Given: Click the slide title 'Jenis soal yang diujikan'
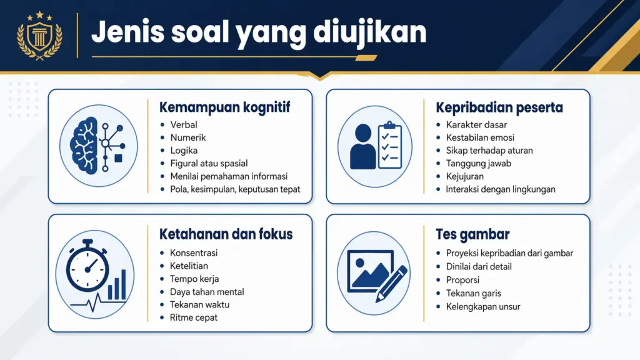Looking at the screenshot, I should (x=259, y=32).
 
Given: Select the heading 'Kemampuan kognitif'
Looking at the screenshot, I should (x=225, y=107).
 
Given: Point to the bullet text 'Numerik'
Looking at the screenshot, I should (x=187, y=137).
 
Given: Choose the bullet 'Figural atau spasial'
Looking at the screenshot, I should (x=209, y=163).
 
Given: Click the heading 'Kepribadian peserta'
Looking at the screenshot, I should (x=499, y=107).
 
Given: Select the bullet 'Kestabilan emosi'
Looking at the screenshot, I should (x=480, y=137).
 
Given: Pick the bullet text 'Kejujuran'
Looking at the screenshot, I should (x=464, y=176).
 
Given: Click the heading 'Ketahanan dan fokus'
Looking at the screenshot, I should (x=226, y=234).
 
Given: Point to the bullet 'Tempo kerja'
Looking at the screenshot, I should (x=194, y=279).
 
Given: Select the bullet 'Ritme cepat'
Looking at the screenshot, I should (x=194, y=317).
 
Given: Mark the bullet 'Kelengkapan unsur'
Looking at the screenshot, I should (x=483, y=306).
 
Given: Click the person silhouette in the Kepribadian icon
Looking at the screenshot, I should (x=362, y=146).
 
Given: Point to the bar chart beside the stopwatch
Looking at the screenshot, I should (x=117, y=285).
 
